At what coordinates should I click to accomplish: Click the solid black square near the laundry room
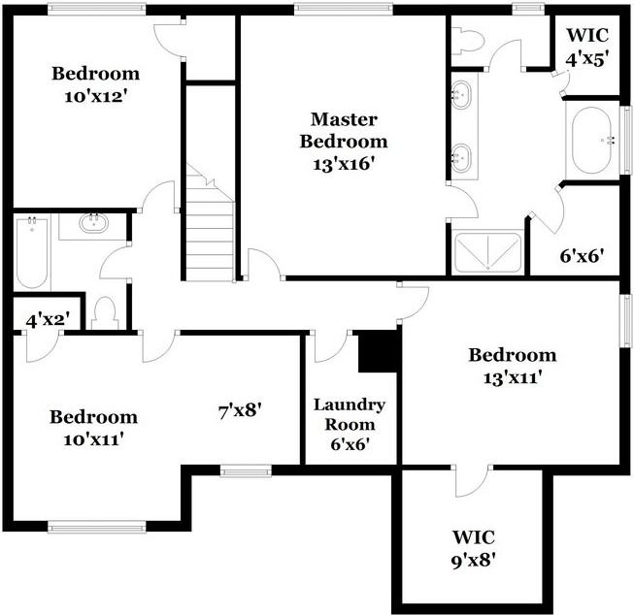click(x=379, y=351)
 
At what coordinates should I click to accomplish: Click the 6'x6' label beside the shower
click(x=583, y=256)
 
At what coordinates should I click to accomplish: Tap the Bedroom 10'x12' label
click(x=95, y=84)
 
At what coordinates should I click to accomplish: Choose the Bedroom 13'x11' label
click(x=512, y=366)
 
